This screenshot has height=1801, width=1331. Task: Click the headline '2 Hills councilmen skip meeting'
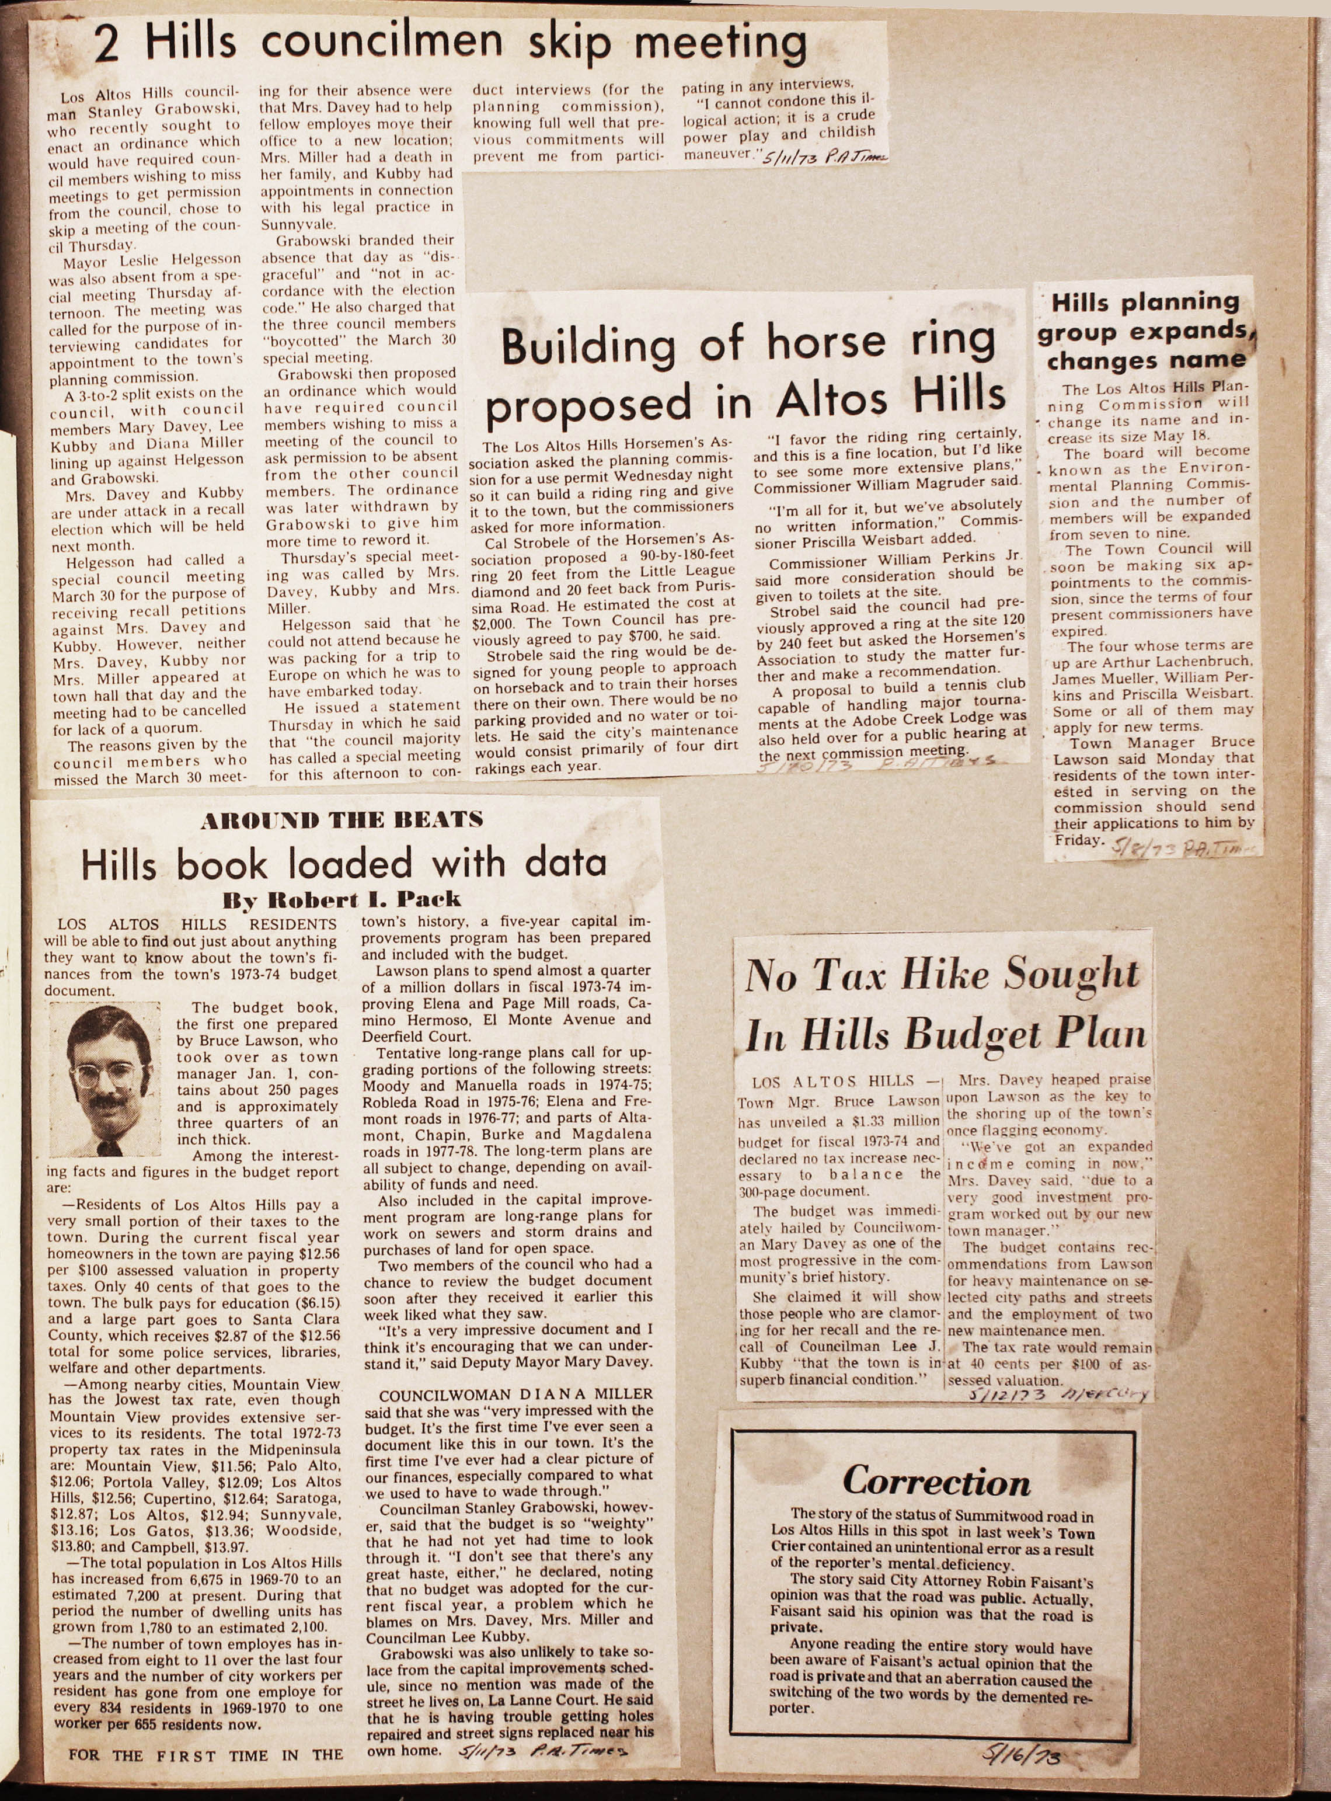pyautogui.click(x=451, y=46)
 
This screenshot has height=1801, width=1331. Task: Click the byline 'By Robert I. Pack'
pyautogui.click(x=341, y=899)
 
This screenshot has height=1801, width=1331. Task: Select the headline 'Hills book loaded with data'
pyautogui.click(x=343, y=864)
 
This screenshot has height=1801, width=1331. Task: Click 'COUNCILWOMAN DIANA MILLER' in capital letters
pyautogui.click(x=504, y=1394)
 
